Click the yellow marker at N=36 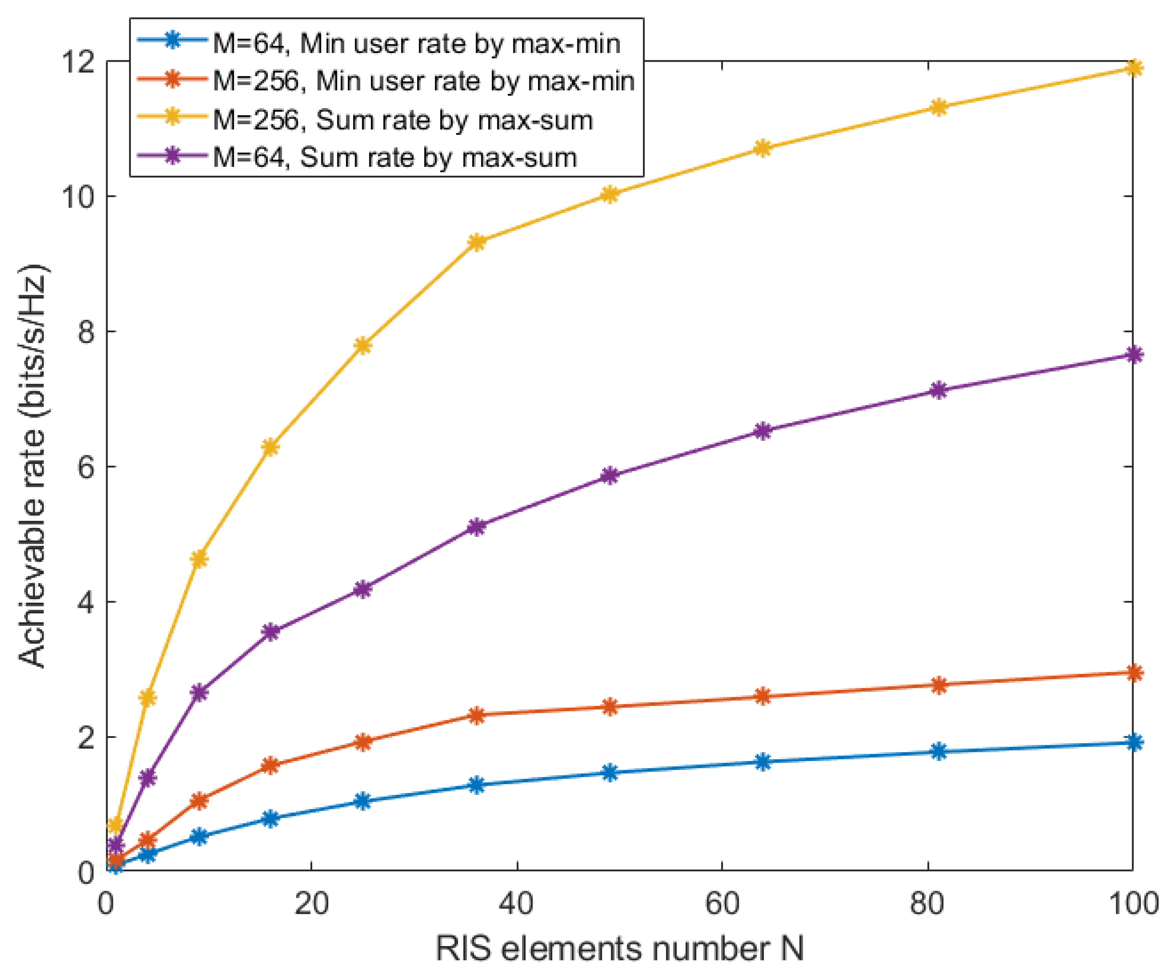477,242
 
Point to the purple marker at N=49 610,476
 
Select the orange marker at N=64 763,696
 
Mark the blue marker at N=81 938,752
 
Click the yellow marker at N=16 271,447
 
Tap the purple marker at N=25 362,589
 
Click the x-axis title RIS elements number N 619,949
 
